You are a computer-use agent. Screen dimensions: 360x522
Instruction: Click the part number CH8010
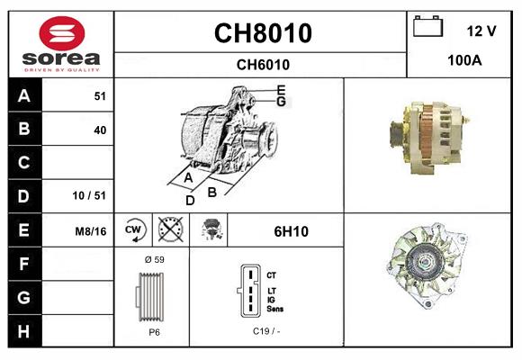[262, 33]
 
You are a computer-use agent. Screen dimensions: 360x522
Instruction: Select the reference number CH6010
[262, 65]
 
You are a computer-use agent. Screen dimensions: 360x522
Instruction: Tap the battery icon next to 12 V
[428, 28]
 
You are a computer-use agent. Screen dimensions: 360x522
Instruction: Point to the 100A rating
[464, 60]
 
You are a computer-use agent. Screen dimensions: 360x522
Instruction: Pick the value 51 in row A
[100, 96]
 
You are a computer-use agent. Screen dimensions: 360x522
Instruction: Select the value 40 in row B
[100, 130]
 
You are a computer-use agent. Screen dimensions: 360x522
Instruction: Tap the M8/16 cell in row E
[91, 231]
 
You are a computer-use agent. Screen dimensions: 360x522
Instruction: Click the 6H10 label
[291, 231]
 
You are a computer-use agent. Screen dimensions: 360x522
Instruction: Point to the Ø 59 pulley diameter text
[154, 259]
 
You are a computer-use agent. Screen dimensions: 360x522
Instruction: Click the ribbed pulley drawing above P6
[153, 296]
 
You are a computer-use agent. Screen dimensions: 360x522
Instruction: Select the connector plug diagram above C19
[248, 291]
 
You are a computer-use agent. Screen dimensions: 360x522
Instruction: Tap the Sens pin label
[275, 309]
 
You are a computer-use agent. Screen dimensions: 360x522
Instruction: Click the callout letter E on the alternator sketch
[281, 89]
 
